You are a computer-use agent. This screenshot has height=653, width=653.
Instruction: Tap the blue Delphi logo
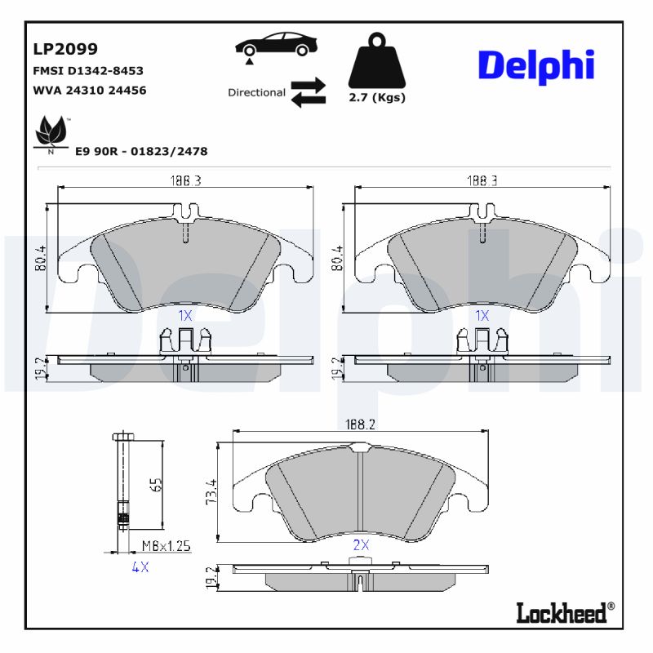coord(535,65)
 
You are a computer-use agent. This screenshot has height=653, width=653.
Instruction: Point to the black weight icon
coord(377,62)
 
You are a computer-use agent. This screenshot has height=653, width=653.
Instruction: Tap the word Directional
coord(256,93)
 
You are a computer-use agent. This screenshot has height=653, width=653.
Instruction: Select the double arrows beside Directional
coord(308,92)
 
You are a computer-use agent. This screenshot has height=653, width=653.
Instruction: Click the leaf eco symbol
coord(51,133)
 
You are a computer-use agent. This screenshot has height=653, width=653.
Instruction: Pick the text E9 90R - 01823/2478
coord(141,152)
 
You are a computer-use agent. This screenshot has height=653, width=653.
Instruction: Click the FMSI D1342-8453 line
coord(87,71)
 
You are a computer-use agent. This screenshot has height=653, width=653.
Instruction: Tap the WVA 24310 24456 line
coord(89,90)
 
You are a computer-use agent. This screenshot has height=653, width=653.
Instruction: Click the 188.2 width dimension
coord(360,424)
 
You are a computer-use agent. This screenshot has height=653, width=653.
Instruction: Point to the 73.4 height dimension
coord(211,492)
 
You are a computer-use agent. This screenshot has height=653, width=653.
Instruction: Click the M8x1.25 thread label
coord(166,545)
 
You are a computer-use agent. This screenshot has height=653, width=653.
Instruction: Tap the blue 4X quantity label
coord(140,567)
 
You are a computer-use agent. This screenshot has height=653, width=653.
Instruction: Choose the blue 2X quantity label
coord(360,544)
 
